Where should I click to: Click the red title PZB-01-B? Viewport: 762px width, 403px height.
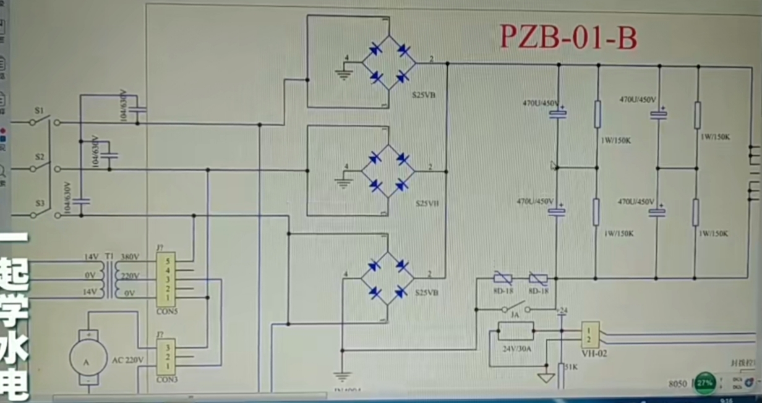coord(568,38)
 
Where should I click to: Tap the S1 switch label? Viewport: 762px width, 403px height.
coord(40,111)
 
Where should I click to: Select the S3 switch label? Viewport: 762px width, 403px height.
coord(40,203)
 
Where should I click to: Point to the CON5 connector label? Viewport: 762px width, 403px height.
coord(166,312)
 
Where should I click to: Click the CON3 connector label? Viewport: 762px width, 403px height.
coord(166,380)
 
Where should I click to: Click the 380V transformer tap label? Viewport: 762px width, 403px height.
coord(130,257)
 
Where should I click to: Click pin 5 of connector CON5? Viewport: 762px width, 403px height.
coord(166,261)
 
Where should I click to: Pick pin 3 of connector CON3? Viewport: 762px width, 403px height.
coord(166,347)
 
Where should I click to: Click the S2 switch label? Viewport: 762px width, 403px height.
coord(40,157)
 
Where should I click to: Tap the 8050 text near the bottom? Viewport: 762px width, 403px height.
coord(678,384)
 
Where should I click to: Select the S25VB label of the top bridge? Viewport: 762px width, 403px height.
coord(424,96)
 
